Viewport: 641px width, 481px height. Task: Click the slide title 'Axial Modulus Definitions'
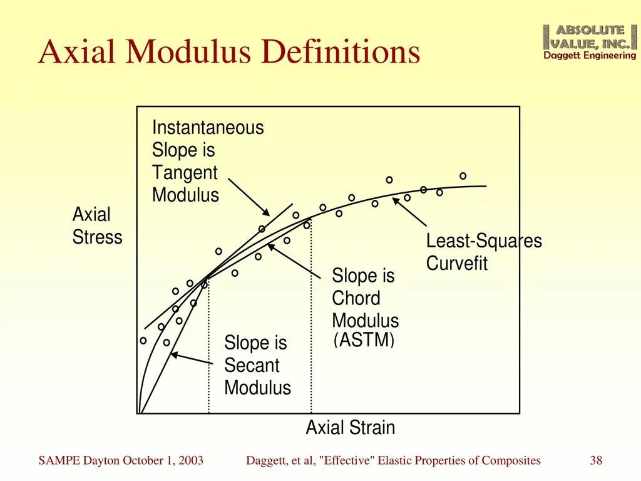(229, 52)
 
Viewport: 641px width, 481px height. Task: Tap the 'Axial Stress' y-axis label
(97, 226)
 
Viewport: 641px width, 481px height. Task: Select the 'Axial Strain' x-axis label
(350, 428)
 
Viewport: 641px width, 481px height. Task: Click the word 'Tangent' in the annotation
(185, 173)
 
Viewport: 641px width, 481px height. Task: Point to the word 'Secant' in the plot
(252, 366)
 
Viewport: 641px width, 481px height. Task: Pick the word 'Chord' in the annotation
(356, 298)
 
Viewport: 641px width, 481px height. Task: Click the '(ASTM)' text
(364, 341)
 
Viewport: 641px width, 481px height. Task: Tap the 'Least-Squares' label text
(484, 241)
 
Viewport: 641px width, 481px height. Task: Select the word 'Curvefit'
(456, 264)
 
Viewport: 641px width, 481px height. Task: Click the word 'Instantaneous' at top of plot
(208, 128)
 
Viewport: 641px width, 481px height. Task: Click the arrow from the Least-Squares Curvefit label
(410, 212)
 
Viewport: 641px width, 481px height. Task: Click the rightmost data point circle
(463, 176)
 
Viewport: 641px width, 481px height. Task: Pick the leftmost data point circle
(143, 341)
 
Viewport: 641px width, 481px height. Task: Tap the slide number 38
(596, 461)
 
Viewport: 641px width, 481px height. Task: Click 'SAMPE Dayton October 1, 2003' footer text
(121, 461)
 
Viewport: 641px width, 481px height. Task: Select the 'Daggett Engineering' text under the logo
(589, 56)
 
